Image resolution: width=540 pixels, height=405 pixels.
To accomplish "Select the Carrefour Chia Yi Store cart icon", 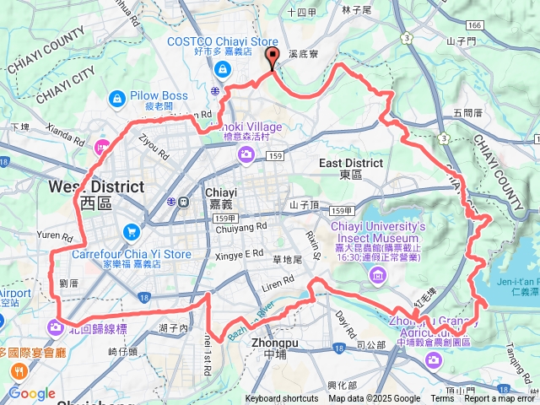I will [x=131, y=230].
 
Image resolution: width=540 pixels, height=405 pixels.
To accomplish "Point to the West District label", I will [x=94, y=186].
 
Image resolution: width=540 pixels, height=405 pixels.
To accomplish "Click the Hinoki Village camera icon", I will [x=246, y=153].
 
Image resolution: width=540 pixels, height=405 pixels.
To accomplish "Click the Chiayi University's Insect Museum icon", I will [x=377, y=275].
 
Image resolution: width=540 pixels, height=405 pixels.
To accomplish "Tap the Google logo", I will [x=32, y=394].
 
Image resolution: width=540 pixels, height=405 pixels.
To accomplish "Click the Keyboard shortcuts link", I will [x=282, y=399].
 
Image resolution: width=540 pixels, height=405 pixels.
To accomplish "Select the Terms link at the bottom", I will [x=442, y=399].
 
